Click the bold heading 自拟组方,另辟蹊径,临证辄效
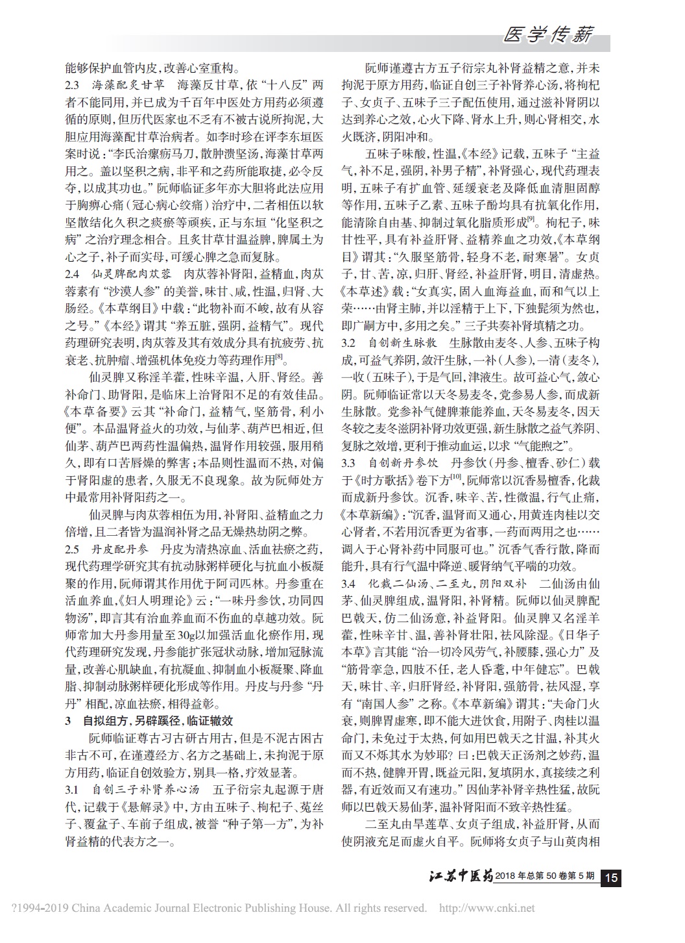pyautogui.click(x=158, y=722)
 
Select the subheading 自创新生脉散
pyautogui.click(x=402, y=342)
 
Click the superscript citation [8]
pyautogui.click(x=278, y=355)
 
